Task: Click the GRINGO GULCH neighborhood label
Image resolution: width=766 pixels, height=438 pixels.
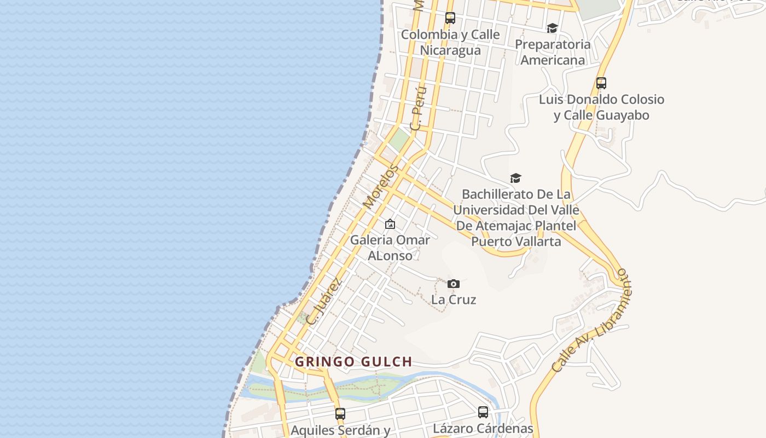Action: pyautogui.click(x=353, y=362)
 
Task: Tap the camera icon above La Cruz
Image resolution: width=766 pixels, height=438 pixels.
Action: pyautogui.click(x=454, y=284)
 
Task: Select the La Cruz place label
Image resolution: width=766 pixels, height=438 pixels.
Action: pyautogui.click(x=454, y=299)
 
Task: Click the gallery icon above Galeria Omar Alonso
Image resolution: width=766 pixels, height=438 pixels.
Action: pyautogui.click(x=390, y=224)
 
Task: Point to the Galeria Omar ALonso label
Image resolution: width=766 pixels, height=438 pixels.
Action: pyautogui.click(x=390, y=247)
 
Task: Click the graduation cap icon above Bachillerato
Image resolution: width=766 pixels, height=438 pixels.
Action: pyautogui.click(x=515, y=178)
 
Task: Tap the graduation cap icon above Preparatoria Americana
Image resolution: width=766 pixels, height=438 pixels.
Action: pyautogui.click(x=552, y=28)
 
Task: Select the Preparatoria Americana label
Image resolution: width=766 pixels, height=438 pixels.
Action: pyautogui.click(x=553, y=52)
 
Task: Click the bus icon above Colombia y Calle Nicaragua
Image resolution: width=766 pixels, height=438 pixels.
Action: pyautogui.click(x=450, y=18)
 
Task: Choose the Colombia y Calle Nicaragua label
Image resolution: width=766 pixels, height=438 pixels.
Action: pyautogui.click(x=450, y=42)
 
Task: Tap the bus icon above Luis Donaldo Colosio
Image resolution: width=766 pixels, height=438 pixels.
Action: pyautogui.click(x=601, y=83)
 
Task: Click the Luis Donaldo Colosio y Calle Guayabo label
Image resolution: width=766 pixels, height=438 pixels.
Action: pyautogui.click(x=601, y=107)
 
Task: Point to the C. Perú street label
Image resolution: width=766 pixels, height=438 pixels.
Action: pyautogui.click(x=418, y=108)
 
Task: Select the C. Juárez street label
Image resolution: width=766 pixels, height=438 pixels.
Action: pyautogui.click(x=324, y=302)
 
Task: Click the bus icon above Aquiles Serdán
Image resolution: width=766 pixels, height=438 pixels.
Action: pyautogui.click(x=340, y=413)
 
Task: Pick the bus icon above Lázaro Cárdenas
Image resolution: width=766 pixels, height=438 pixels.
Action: pyautogui.click(x=483, y=412)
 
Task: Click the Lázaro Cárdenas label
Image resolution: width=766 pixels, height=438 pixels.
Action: pyautogui.click(x=483, y=428)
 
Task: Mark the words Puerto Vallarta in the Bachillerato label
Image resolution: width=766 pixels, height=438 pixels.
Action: pyautogui.click(x=516, y=241)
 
